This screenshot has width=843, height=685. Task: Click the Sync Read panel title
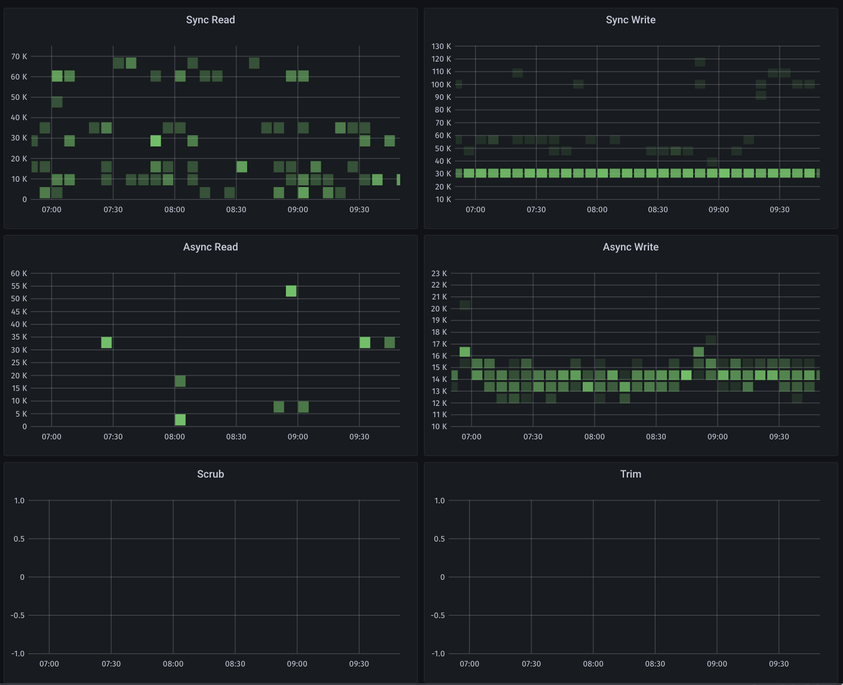(210, 20)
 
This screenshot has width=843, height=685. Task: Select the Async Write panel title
(630, 247)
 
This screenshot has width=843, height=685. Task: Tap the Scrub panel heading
(210, 474)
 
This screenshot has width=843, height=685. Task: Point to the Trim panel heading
(630, 474)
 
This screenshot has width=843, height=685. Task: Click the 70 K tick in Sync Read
(19, 57)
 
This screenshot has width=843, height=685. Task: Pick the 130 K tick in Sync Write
(441, 46)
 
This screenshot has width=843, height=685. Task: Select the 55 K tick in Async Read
(19, 286)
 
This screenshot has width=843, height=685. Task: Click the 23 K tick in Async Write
(439, 273)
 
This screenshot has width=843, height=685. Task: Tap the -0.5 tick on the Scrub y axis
(18, 616)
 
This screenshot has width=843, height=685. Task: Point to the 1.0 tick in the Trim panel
(439, 501)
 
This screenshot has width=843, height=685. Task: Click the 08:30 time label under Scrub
(235, 664)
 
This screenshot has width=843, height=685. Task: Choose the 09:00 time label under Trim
(717, 664)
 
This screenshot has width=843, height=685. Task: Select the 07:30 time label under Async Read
(113, 437)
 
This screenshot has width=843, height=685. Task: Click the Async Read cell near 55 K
(291, 291)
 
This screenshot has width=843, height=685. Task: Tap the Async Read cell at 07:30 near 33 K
(106, 342)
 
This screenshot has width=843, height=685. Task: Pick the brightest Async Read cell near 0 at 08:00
(180, 420)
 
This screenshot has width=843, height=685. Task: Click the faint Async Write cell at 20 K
(465, 305)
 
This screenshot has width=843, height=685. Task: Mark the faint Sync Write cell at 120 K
(700, 62)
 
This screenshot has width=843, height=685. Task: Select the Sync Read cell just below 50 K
(57, 102)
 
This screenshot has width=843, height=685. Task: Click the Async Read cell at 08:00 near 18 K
(180, 381)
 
